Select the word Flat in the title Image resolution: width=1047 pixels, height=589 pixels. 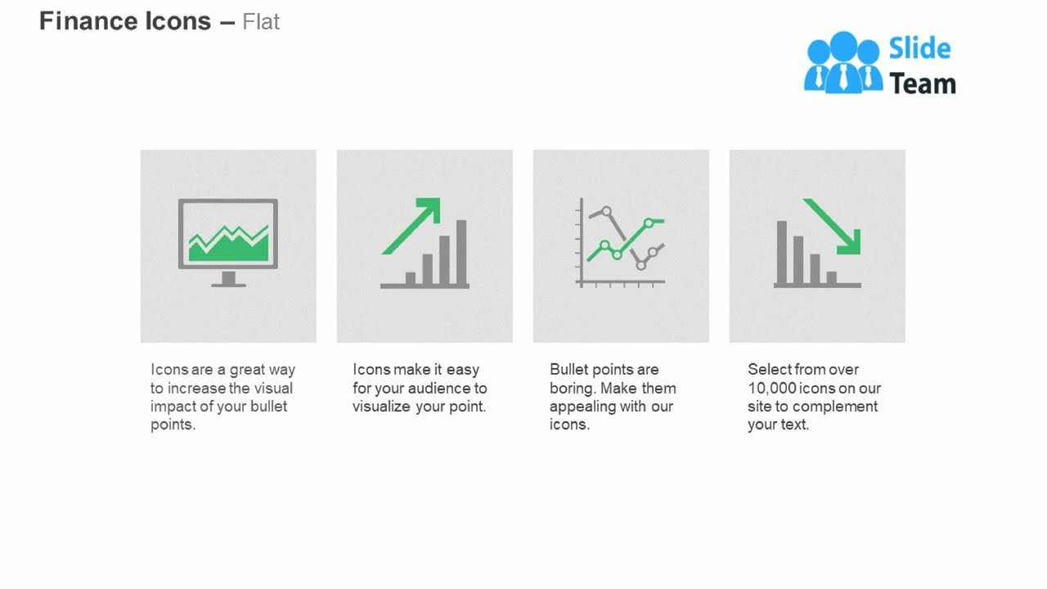[261, 22]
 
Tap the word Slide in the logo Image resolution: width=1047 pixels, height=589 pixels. [919, 49]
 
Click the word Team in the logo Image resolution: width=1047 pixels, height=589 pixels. [922, 83]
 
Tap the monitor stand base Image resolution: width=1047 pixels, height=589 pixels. [228, 284]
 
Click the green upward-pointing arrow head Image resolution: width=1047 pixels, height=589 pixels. [430, 208]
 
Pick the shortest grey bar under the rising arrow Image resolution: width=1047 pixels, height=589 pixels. [411, 278]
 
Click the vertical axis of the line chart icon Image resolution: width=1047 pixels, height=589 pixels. [581, 241]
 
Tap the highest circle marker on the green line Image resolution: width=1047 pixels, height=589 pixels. [649, 223]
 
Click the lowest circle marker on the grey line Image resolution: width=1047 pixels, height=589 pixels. [641, 265]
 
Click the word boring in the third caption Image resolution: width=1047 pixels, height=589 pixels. [571, 389]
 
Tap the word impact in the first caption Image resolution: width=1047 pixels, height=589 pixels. [173, 407]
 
